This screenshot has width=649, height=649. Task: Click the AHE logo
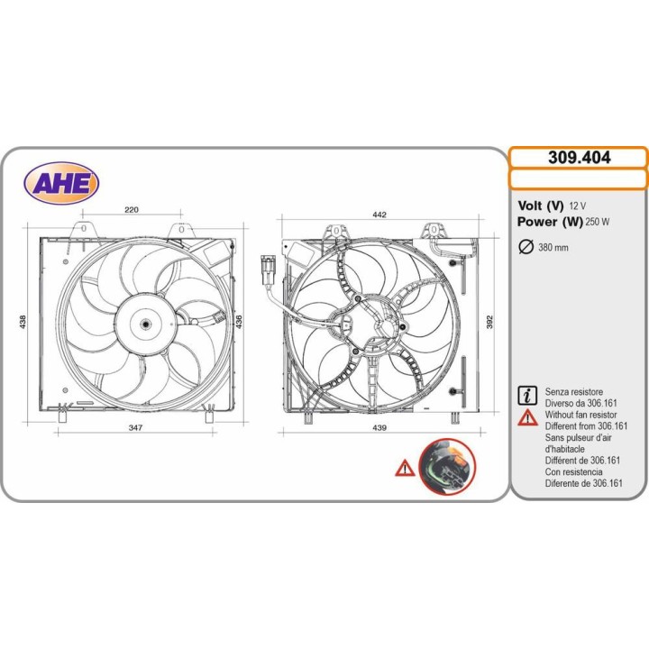[x=61, y=182]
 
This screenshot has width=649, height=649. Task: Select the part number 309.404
[x=579, y=158]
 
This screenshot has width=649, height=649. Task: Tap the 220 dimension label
[x=132, y=210]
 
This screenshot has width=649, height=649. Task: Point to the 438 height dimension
[x=23, y=322]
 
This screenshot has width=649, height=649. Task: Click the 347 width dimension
[x=135, y=427]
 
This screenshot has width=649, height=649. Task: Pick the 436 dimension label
[x=239, y=322]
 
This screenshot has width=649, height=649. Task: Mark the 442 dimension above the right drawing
[x=379, y=215]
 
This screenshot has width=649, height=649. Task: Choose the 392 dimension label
[x=489, y=322]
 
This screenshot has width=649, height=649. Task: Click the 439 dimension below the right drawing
[x=379, y=427]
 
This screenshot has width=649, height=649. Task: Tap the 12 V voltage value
[x=578, y=206]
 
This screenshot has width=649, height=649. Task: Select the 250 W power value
[x=598, y=222]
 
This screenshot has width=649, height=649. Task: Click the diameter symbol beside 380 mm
[x=526, y=247]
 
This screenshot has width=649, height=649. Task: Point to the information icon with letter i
[x=527, y=396]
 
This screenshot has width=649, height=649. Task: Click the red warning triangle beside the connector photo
[x=405, y=468]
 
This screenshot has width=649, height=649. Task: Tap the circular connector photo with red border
[x=447, y=467]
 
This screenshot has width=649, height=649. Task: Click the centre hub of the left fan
[x=145, y=324]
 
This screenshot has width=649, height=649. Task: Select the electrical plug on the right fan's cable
[x=268, y=270]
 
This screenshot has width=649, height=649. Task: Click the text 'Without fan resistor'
[x=580, y=415]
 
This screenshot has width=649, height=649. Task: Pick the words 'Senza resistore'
[x=573, y=391]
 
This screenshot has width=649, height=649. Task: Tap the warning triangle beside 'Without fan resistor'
[x=527, y=417]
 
